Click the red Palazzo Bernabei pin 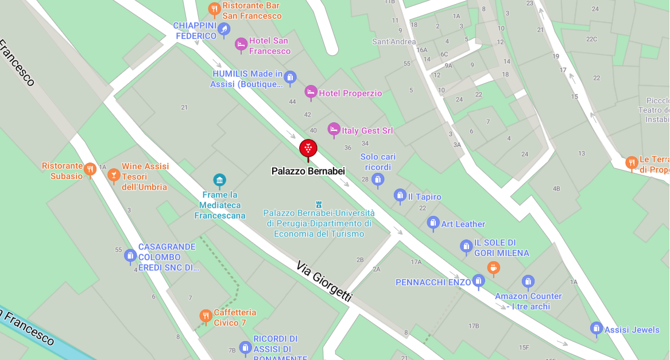click(x=308, y=148)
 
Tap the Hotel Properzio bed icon click(x=311, y=92)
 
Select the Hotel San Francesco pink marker click(x=241, y=44)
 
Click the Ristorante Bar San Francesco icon click(x=214, y=9)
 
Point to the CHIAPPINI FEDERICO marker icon click(x=224, y=28)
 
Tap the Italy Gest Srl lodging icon click(x=334, y=129)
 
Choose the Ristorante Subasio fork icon click(x=90, y=169)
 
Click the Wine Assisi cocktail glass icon click(x=114, y=174)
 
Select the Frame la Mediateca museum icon click(x=219, y=180)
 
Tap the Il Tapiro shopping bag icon click(x=400, y=196)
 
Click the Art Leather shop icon click(x=433, y=223)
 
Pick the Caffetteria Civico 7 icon click(x=206, y=316)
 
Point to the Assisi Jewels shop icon click(x=597, y=328)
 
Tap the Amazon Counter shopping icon click(x=528, y=281)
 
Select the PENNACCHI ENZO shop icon click(x=479, y=281)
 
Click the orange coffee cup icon click(x=493, y=267)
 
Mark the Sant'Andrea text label click(x=394, y=41)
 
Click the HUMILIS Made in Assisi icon click(x=290, y=77)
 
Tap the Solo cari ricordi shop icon click(x=378, y=180)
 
